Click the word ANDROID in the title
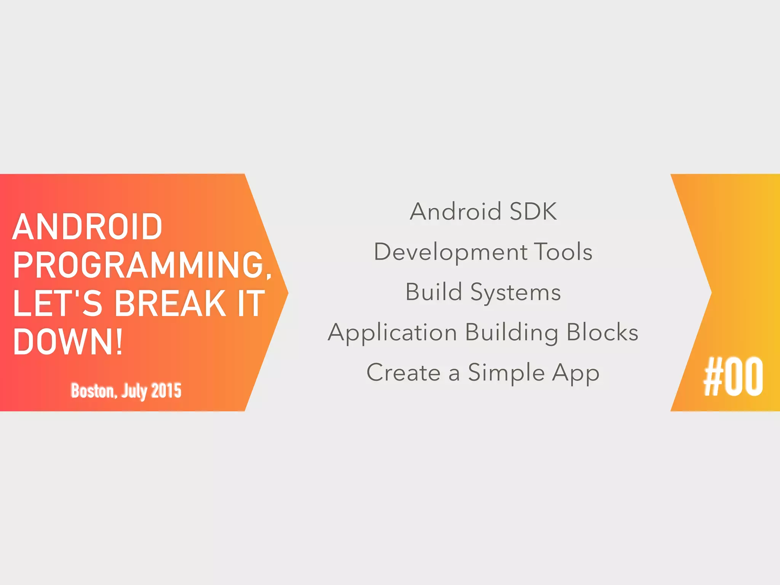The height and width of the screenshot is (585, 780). [x=87, y=227]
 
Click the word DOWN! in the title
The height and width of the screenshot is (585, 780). [x=68, y=342]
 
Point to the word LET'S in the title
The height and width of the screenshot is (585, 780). [x=58, y=303]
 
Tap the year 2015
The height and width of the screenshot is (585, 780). [x=166, y=391]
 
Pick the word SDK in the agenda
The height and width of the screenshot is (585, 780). [x=533, y=211]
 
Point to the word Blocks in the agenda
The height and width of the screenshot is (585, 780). [x=603, y=332]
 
